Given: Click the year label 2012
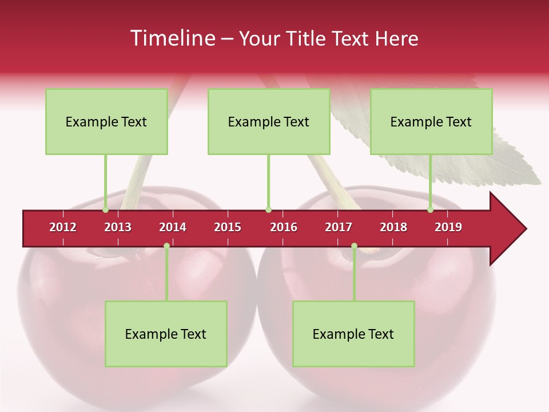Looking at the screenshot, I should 63,227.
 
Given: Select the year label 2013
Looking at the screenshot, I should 118,227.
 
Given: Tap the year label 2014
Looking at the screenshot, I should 173,227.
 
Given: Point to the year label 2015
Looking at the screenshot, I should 228,227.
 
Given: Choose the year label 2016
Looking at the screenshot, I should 284,227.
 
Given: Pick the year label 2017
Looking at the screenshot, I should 339,227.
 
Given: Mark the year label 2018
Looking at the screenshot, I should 393,227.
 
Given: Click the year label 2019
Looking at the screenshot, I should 448,227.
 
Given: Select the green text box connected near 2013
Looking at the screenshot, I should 106,122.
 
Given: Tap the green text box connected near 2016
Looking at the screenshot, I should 269,122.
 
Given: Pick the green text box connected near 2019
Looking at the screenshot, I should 431,122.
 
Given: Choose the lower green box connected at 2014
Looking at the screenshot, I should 166,334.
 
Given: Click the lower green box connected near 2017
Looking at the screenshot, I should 353,334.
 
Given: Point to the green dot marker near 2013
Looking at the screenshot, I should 105,210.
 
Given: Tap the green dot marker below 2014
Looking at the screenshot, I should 166,246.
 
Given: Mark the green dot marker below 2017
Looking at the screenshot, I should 354,246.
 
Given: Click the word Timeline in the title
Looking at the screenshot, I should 172,38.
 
